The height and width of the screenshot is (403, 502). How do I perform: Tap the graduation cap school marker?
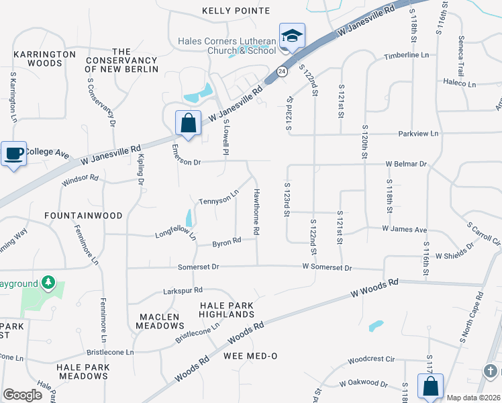point(292,36)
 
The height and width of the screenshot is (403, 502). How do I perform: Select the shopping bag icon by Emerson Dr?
point(188,123)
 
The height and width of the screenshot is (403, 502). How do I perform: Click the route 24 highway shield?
point(281,71)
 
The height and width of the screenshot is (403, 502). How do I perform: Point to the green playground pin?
point(48,283)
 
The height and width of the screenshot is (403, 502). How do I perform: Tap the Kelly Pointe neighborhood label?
point(236,11)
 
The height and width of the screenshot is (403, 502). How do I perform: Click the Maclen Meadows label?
point(159,321)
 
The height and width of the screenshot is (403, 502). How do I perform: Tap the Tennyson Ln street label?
point(219,197)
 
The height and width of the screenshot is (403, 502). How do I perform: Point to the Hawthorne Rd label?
point(256,212)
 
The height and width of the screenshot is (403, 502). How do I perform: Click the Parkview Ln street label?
point(417,134)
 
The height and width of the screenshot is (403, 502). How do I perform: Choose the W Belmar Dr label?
point(406,164)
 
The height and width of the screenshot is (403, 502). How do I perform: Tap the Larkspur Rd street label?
point(183,291)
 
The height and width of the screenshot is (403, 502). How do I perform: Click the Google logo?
point(23,395)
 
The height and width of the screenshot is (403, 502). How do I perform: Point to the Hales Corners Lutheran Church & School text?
point(227,45)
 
